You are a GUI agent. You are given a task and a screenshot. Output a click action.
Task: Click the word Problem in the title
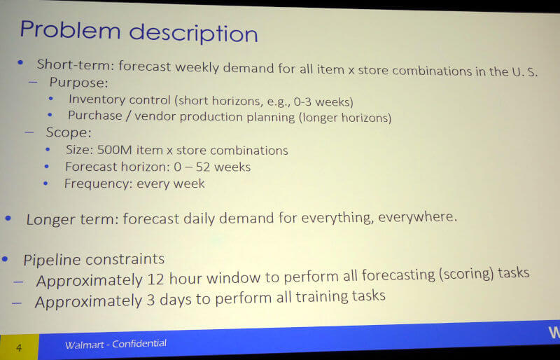pyautogui.click(x=70, y=29)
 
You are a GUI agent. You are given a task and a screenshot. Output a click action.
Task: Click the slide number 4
pyautogui.click(x=19, y=347)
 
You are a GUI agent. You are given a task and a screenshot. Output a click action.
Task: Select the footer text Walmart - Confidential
pyautogui.click(x=115, y=345)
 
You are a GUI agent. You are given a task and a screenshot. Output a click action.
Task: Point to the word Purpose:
pyautogui.click(x=78, y=83)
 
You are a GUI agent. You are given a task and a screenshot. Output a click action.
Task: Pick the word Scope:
pyautogui.click(x=69, y=132)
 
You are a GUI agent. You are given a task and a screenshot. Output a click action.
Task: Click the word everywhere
pyautogui.click(x=417, y=216)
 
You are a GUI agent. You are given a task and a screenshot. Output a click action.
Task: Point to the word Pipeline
pyautogui.click(x=53, y=260)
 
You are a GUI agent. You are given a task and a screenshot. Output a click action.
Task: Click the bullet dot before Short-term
pyautogui.click(x=20, y=63)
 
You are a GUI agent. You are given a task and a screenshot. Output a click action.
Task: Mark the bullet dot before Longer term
pyautogui.click(x=8, y=218)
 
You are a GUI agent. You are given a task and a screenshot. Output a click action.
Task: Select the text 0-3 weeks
pyautogui.click(x=323, y=102)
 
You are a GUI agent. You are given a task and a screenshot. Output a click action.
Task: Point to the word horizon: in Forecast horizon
pyautogui.click(x=146, y=167)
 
